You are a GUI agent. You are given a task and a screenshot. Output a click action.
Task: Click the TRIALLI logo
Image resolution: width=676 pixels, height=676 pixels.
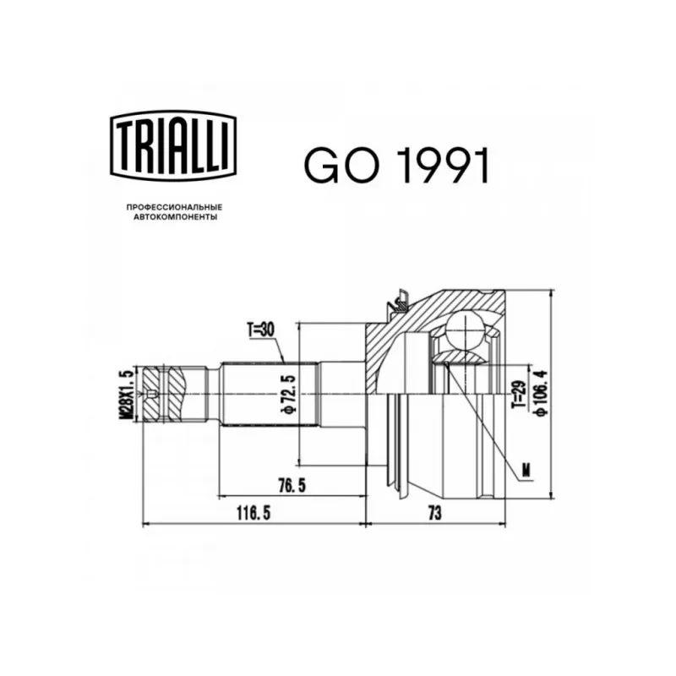pos(173,145)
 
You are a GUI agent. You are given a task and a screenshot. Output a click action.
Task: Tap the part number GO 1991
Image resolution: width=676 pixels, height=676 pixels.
pos(396,166)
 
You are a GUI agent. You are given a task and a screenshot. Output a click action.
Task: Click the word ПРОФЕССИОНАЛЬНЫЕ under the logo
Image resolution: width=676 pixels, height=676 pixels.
pos(174,207)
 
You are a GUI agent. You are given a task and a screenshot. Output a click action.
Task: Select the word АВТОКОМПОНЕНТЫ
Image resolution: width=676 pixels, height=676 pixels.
pos(175,217)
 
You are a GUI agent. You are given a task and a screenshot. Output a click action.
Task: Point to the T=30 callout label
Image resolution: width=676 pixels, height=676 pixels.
pos(260,330)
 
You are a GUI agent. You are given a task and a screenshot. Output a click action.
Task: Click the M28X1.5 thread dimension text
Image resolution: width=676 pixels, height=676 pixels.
pos(128,394)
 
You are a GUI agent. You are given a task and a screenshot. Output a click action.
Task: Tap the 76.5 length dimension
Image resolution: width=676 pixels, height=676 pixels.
pos(292,485)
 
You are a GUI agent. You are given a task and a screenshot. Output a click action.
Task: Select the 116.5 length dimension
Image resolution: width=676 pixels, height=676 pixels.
pos(253,513)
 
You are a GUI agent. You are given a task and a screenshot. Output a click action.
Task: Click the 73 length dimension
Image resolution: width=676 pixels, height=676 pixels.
pos(435,513)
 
